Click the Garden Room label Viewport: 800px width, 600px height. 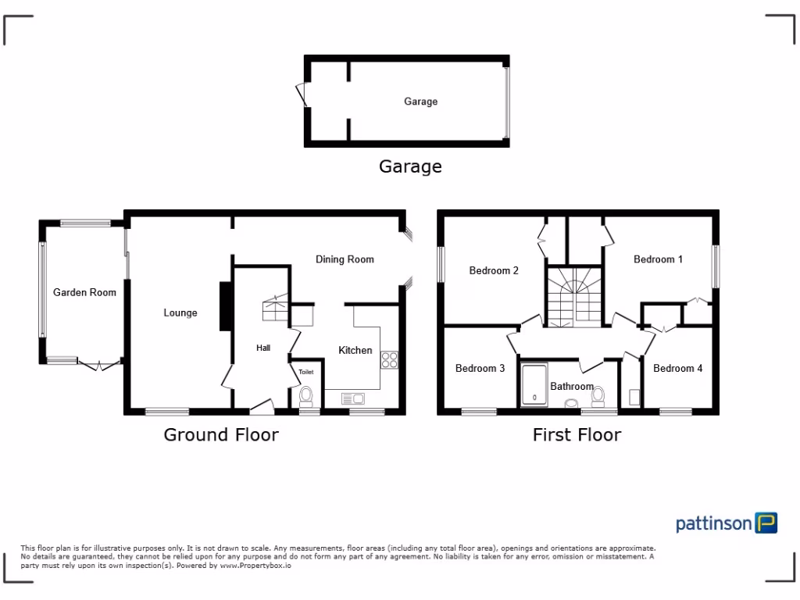tap(84, 292)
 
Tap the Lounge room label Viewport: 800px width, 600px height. tap(180, 312)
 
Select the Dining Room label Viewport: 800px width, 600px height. tap(345, 259)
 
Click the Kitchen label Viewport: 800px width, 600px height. tap(355, 350)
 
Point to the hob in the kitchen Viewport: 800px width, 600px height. tap(389, 360)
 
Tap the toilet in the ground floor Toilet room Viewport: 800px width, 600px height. tap(306, 395)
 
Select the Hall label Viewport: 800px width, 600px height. tap(263, 348)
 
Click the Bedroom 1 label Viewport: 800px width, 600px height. tap(658, 259)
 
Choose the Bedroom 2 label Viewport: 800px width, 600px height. tap(494, 271)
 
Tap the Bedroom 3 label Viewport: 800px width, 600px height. tap(480, 368)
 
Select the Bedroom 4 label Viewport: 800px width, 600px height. tap(678, 368)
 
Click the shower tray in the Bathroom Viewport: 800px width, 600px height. tap(534, 385)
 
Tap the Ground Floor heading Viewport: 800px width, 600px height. tap(220, 434)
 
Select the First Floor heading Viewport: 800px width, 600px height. tap(577, 434)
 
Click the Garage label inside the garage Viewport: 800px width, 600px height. tap(420, 102)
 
